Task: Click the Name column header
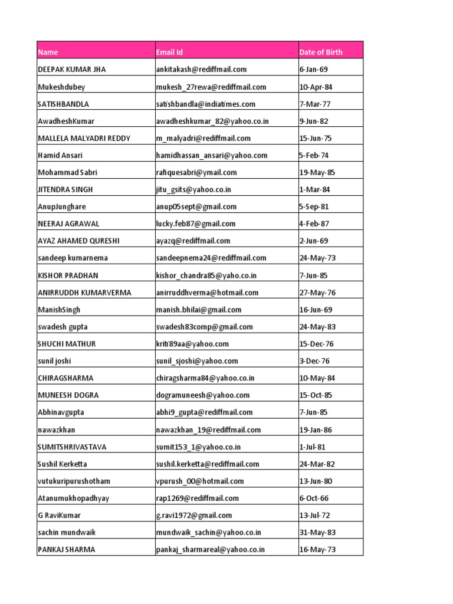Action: click(x=48, y=52)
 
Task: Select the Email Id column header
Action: click(x=169, y=52)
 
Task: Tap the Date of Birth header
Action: click(x=321, y=52)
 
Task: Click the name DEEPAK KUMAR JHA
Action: click(x=72, y=70)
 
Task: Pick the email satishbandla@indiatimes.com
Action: click(x=206, y=104)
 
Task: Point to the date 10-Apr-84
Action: click(x=316, y=87)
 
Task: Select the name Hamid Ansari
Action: click(x=60, y=156)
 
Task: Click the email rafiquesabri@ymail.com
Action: click(x=196, y=173)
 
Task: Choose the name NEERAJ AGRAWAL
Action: click(x=68, y=224)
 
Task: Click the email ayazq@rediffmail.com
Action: click(x=193, y=241)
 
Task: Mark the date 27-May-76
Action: click(x=318, y=293)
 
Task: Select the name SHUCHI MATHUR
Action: click(x=67, y=344)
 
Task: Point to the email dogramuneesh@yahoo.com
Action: click(x=203, y=395)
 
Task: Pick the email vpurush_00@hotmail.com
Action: click(x=200, y=481)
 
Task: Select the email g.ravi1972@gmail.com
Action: click(x=194, y=516)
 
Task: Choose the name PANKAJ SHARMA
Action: click(x=66, y=550)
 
